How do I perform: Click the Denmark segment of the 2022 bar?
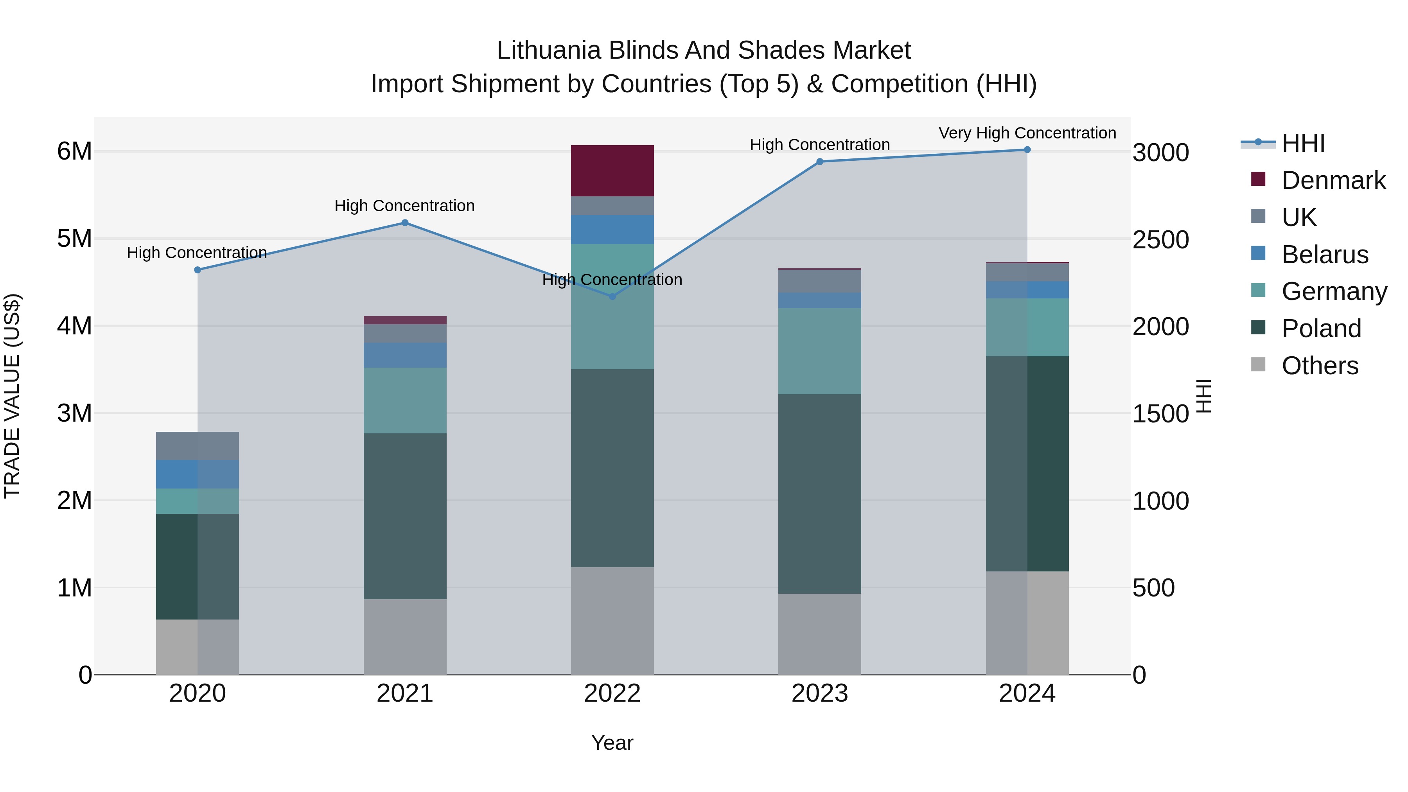click(612, 171)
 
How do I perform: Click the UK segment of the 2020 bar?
click(198, 445)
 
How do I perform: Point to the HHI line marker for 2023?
click(819, 162)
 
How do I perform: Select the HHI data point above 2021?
click(405, 223)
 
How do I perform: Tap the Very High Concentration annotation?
click(1027, 133)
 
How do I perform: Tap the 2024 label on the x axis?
click(1027, 693)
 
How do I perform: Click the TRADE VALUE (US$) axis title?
click(12, 396)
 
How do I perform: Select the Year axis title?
click(612, 743)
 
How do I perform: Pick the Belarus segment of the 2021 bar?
click(405, 355)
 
